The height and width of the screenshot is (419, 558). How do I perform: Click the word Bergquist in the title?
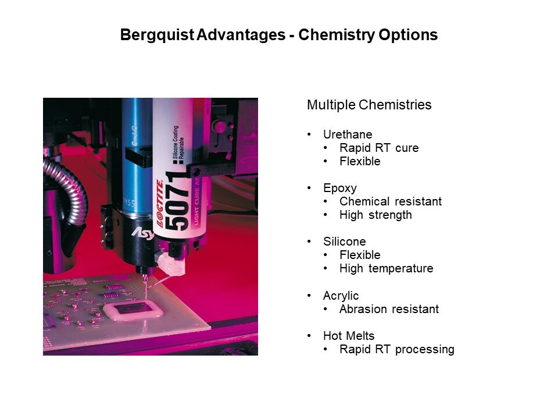click(x=158, y=35)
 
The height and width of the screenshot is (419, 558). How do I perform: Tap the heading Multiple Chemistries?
click(x=369, y=105)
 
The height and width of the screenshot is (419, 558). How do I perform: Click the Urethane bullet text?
click(x=348, y=134)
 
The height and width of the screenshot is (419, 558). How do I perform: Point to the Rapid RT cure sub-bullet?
click(x=379, y=148)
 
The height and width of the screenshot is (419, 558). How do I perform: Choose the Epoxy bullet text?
click(x=340, y=188)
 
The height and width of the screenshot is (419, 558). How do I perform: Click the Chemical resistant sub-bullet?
click(x=391, y=201)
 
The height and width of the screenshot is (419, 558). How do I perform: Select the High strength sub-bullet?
click(x=375, y=215)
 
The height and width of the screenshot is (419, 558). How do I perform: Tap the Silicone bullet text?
click(x=345, y=242)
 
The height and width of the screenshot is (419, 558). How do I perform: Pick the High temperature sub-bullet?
click(x=386, y=268)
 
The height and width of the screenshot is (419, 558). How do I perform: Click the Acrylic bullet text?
click(x=341, y=296)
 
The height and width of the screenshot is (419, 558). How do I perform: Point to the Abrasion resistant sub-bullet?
click(x=389, y=309)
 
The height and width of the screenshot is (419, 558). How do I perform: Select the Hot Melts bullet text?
click(x=349, y=336)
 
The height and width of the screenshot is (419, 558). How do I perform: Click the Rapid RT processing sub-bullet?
click(x=397, y=350)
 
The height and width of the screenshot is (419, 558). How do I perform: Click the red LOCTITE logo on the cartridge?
click(x=160, y=204)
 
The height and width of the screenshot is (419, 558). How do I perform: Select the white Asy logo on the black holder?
click(x=142, y=233)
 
